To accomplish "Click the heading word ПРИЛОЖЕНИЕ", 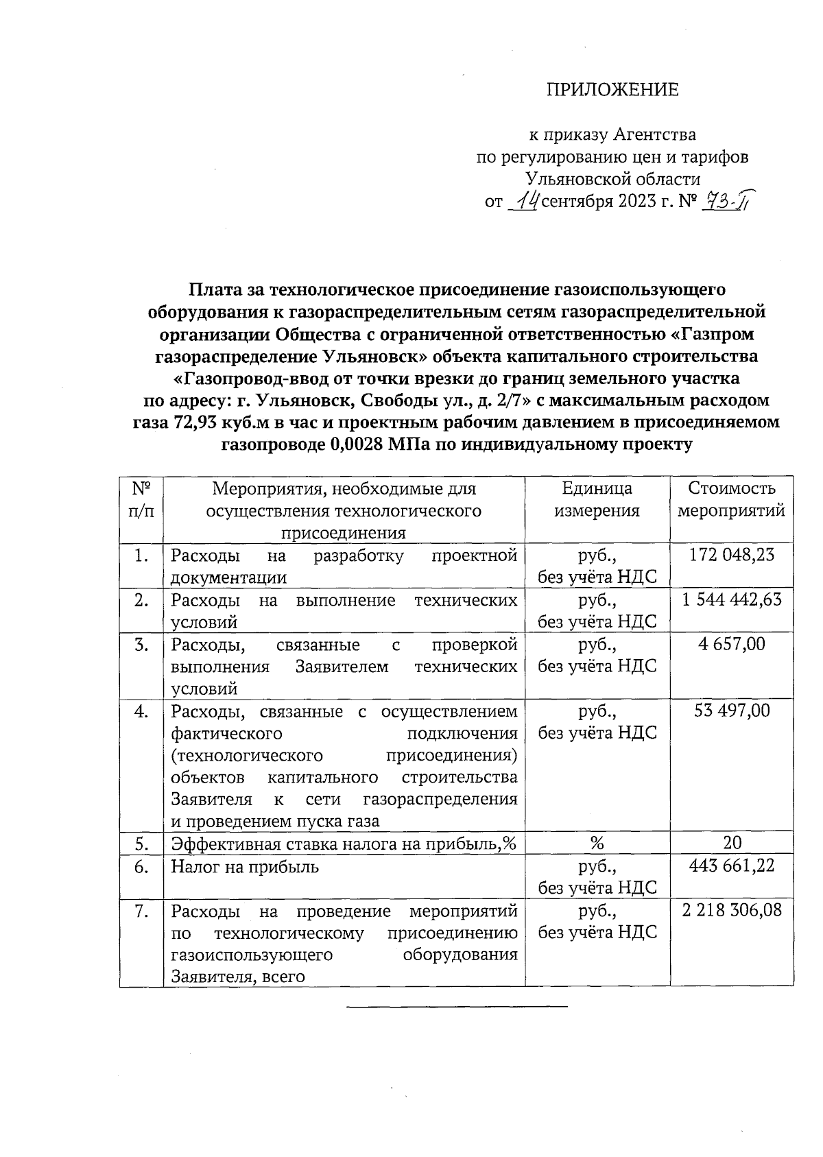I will pos(612,90).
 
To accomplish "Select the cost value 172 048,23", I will pos(731,555).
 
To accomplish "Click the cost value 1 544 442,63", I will pos(731,599).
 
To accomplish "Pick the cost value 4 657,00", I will pos(731,644).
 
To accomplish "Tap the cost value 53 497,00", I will pos(731,711).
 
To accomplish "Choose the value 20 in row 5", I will pos(731,843).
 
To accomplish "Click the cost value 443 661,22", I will pos(731,866).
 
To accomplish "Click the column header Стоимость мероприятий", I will pos(731,499).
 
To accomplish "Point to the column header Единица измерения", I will pos(597,499).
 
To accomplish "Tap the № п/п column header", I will pos(141,499).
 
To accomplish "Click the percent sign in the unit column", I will pos(597,843).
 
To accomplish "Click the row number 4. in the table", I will pos(141,711).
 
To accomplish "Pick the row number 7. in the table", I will pos(141,911).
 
